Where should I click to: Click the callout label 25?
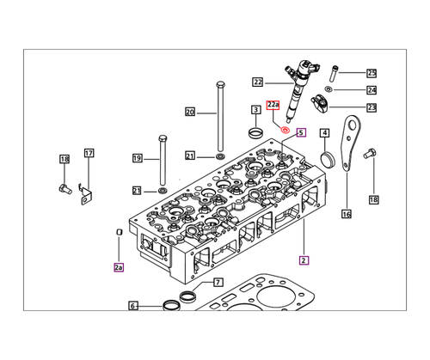click(x=372, y=73)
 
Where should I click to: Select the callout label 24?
click(x=372, y=90)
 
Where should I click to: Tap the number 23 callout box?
click(x=372, y=107)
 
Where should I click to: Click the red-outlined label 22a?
click(x=273, y=106)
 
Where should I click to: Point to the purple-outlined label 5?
click(x=301, y=132)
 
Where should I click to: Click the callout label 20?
click(x=190, y=112)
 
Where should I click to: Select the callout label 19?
click(x=137, y=158)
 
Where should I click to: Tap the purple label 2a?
click(x=119, y=267)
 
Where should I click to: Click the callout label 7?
click(x=218, y=283)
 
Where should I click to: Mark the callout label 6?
click(x=133, y=306)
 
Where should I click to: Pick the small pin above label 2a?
click(x=119, y=231)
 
